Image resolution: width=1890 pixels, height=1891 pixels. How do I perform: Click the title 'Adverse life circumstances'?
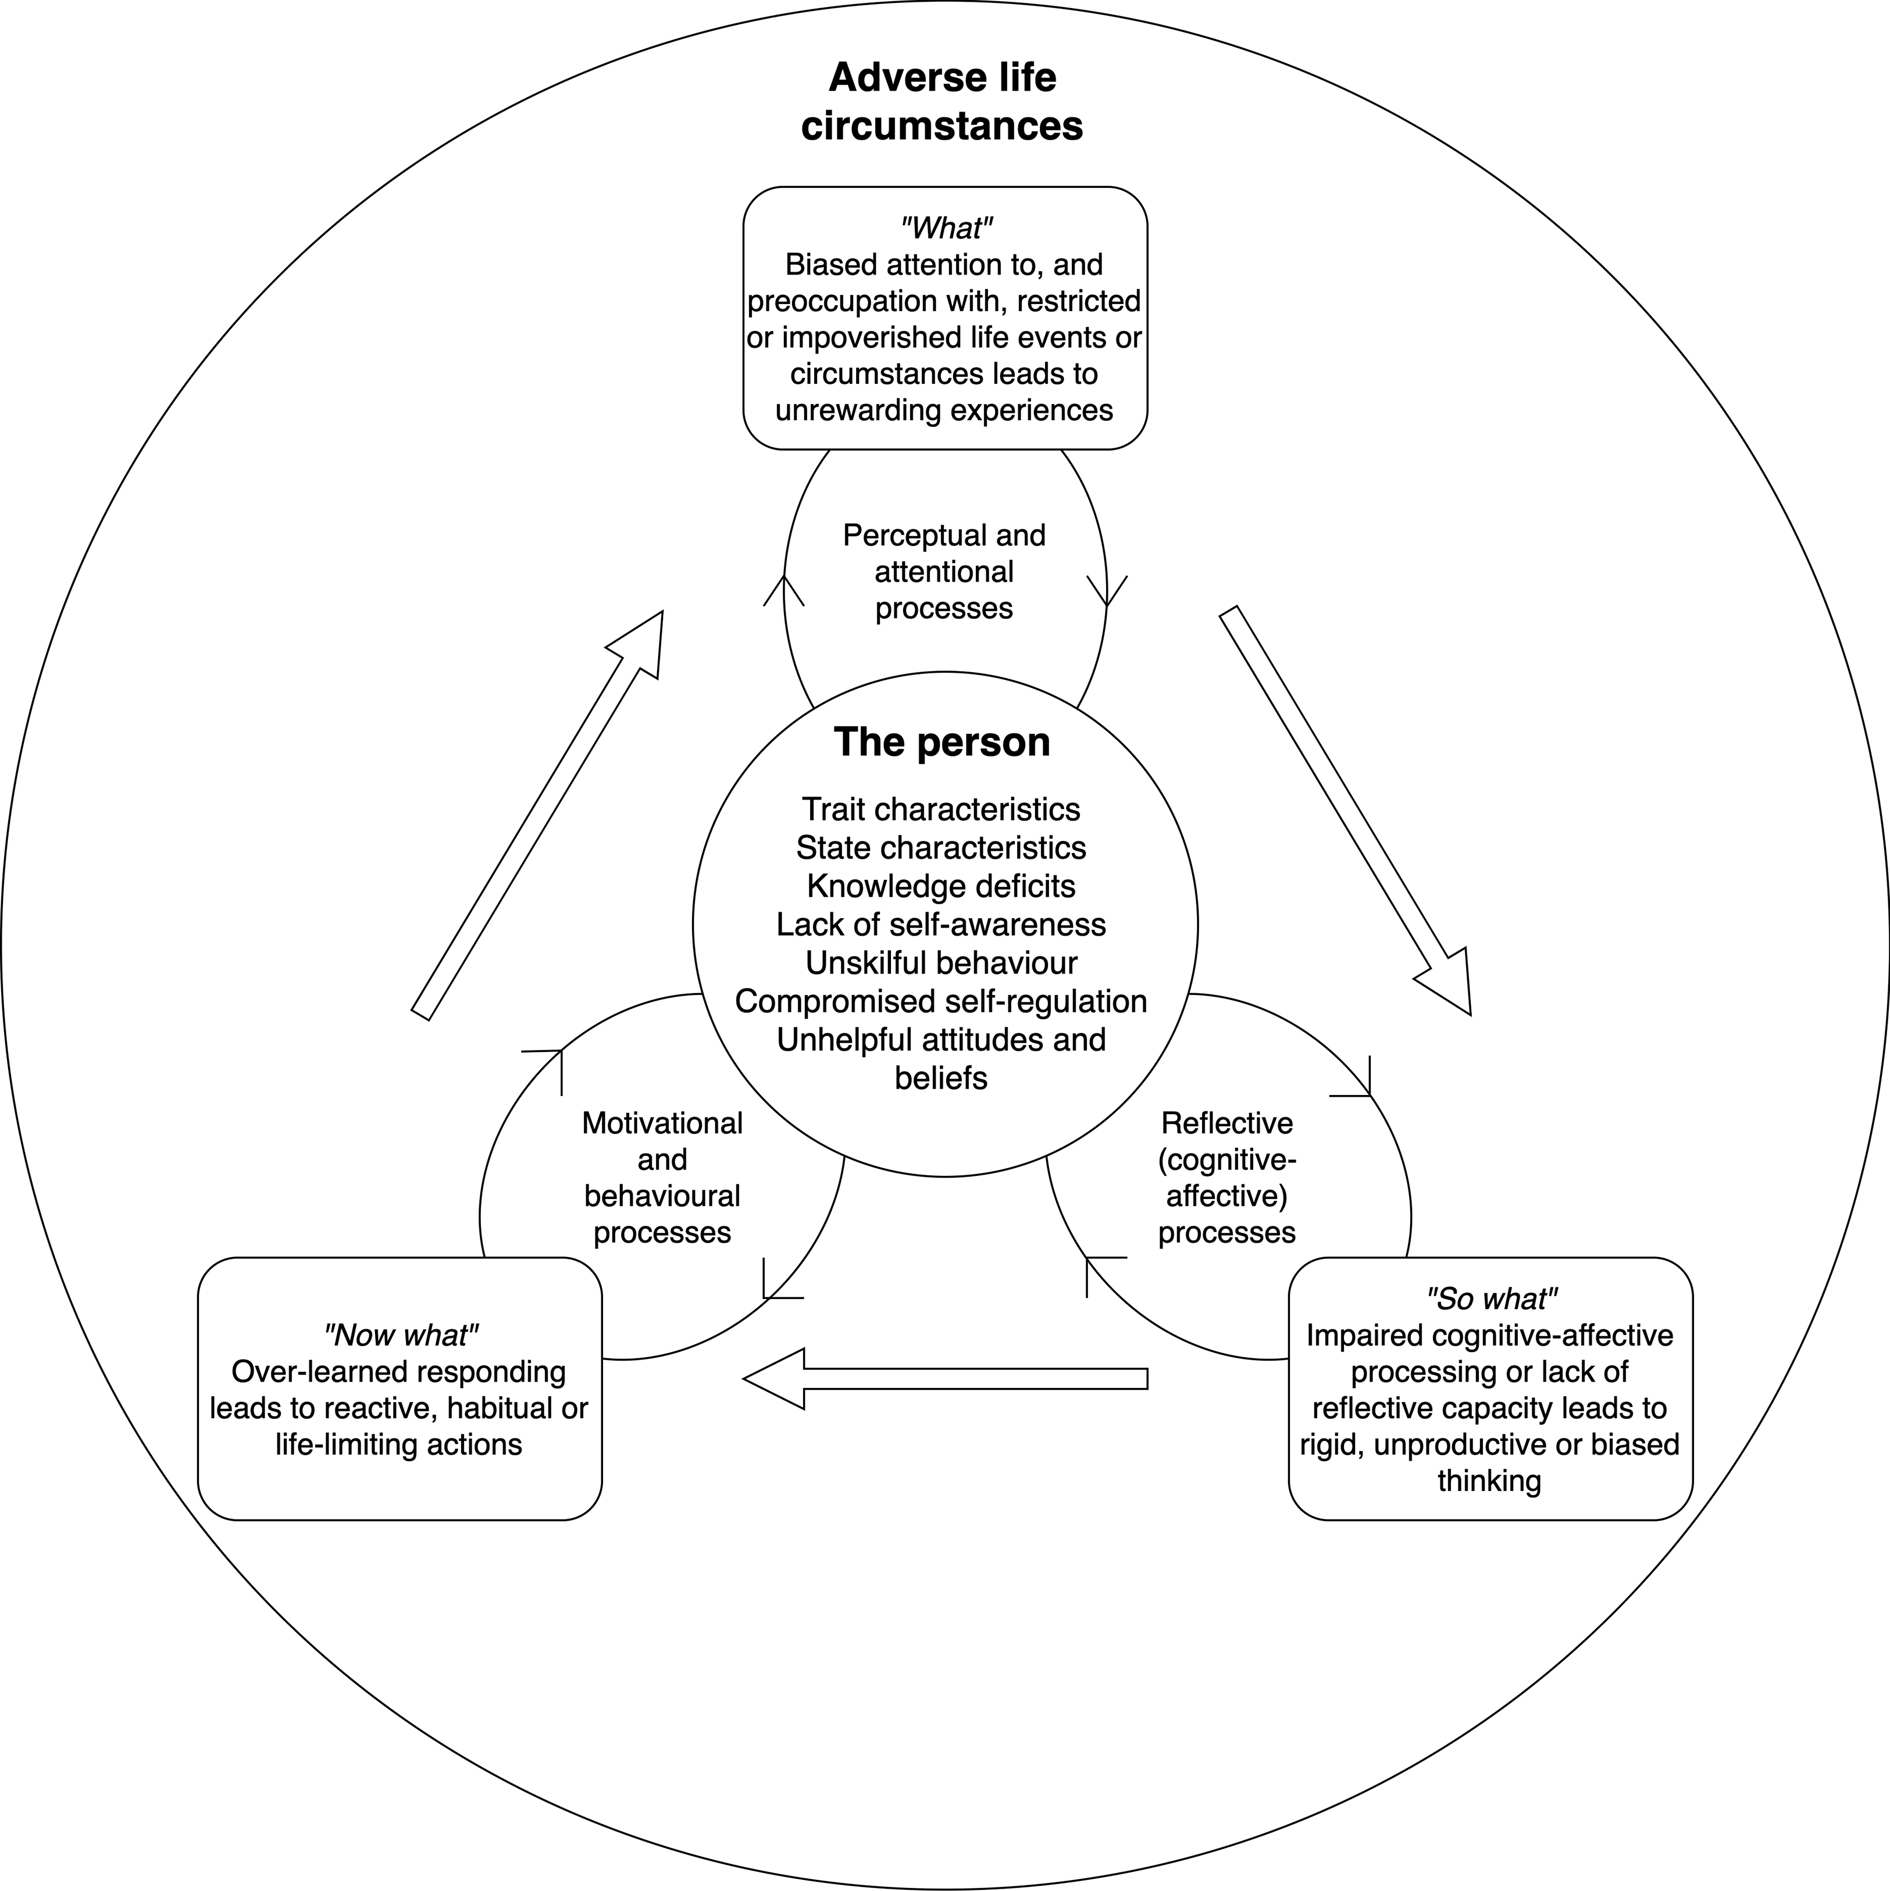tap(942, 102)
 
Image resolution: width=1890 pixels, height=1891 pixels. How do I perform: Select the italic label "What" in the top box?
tap(946, 228)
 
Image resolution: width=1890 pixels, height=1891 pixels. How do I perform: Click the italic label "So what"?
tap(1490, 1299)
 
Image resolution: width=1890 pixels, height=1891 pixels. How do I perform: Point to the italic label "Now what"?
tap(400, 1335)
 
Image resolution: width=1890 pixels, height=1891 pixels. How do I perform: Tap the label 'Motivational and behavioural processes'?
tap(662, 1178)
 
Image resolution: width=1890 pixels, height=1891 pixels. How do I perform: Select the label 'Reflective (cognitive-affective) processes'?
tap(1226, 1178)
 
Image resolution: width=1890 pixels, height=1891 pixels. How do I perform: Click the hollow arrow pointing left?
tap(944, 1378)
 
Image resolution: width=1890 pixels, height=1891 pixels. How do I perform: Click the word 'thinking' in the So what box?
tap(1489, 1481)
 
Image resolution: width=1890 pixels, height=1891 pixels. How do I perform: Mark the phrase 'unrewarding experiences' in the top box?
tap(943, 410)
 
